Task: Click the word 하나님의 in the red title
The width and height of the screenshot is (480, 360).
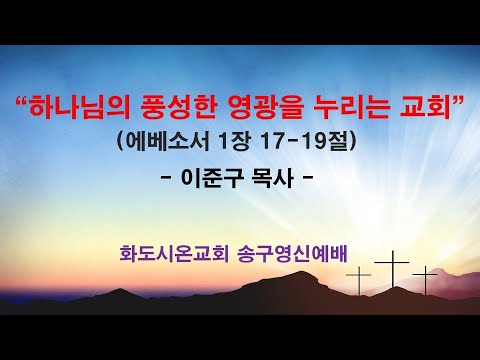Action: [x=77, y=103]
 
